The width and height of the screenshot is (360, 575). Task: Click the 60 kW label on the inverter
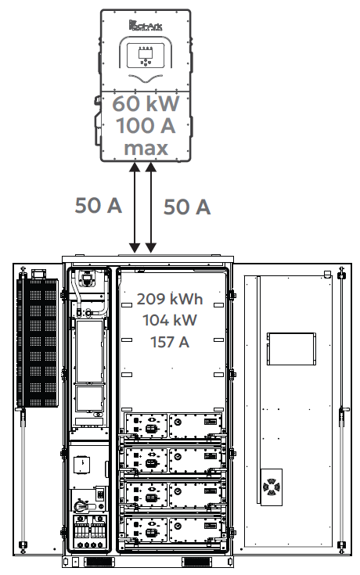click(x=146, y=103)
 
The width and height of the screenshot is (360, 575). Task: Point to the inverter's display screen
click(x=145, y=56)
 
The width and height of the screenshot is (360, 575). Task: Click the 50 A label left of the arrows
click(x=98, y=205)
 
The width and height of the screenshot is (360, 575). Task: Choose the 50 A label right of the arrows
click(x=187, y=207)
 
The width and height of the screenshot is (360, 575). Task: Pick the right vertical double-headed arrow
click(x=152, y=207)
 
